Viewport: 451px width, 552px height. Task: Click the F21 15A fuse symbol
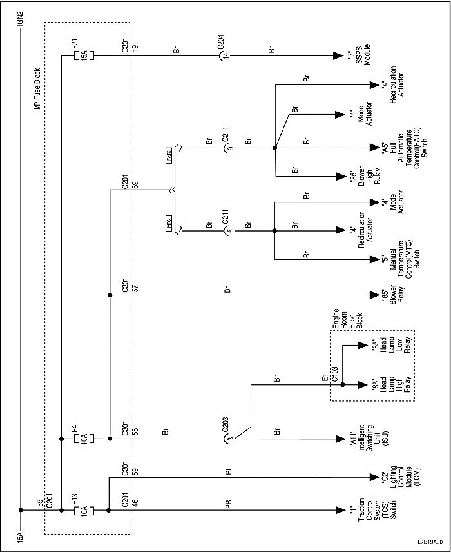pyautogui.click(x=84, y=56)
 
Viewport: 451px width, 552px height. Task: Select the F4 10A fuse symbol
pyautogui.click(x=84, y=439)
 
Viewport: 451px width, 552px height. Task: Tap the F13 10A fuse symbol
pyautogui.click(x=84, y=511)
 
